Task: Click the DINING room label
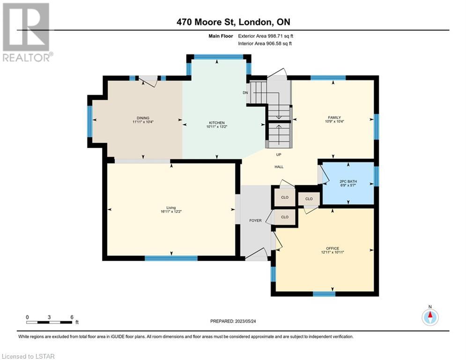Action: point(143,118)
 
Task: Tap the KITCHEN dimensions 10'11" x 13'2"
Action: point(217,127)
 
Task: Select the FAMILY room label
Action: point(334,118)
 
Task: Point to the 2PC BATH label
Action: point(348,181)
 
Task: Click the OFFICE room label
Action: point(333,248)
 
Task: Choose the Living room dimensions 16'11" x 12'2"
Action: point(171,211)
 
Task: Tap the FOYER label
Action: point(255,220)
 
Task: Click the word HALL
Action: point(279,167)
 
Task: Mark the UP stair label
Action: point(279,155)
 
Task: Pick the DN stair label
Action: point(245,92)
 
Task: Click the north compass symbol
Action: point(430,317)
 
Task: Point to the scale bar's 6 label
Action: point(72,317)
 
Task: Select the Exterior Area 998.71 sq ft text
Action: point(266,36)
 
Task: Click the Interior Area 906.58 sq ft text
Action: point(265,44)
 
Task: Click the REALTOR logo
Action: point(27,32)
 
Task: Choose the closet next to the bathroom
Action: point(309,199)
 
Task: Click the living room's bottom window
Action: point(171,258)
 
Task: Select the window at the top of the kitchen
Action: point(219,57)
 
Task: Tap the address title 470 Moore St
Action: point(206,22)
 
